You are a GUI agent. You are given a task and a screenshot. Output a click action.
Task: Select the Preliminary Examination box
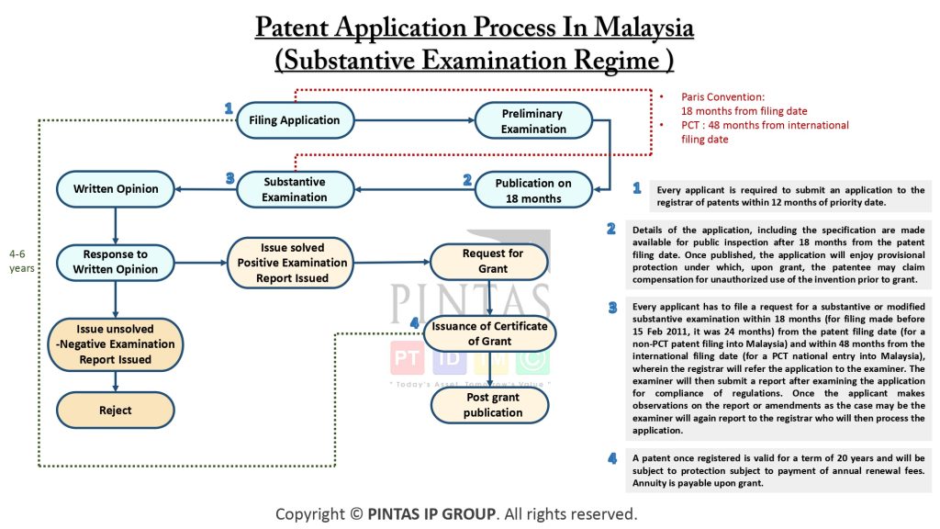(x=532, y=121)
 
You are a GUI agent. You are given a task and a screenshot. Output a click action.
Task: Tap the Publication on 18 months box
(x=532, y=190)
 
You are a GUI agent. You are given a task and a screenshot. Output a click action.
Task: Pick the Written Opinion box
(x=115, y=189)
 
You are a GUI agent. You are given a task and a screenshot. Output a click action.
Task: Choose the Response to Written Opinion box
(x=115, y=262)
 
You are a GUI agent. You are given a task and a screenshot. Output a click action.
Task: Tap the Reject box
(x=115, y=410)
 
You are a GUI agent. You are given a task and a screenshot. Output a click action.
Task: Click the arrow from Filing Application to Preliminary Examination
(x=413, y=120)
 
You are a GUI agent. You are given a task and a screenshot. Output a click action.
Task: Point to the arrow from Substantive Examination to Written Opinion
(x=205, y=189)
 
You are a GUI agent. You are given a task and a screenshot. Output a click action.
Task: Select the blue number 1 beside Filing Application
(x=229, y=108)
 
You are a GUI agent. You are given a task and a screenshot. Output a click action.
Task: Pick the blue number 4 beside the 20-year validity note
(x=611, y=457)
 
